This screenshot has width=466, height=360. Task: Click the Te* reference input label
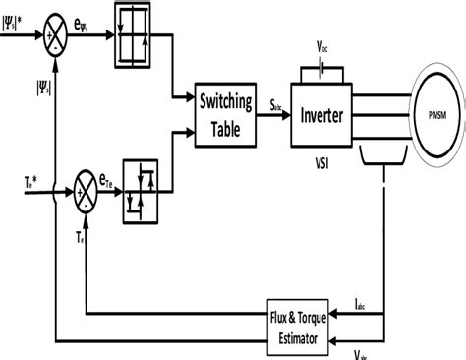pos(32,182)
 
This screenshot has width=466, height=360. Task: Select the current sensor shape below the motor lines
pos(385,154)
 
